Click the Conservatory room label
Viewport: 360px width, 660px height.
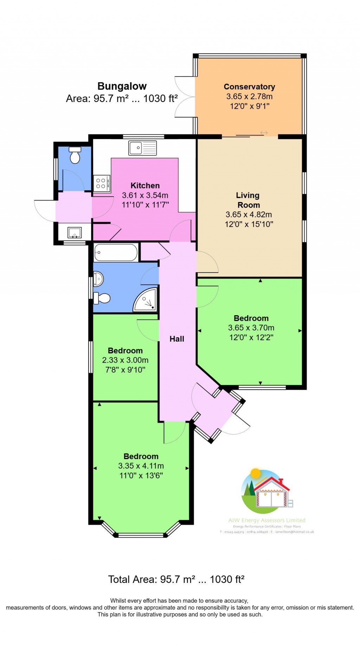(x=249, y=87)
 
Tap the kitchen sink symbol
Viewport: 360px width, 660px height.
(x=142, y=148)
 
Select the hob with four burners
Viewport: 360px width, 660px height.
(x=102, y=183)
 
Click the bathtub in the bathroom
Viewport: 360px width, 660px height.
(x=116, y=253)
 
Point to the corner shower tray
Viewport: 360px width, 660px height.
(x=146, y=300)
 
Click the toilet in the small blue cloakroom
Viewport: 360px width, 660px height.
(x=75, y=155)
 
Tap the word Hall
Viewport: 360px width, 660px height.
(x=176, y=339)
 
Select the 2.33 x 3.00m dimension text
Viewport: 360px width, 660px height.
(x=125, y=360)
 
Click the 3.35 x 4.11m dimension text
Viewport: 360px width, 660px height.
(x=141, y=466)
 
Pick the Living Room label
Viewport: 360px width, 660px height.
(x=248, y=200)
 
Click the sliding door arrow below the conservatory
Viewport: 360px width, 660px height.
(x=264, y=133)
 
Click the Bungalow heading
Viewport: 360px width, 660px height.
(x=122, y=86)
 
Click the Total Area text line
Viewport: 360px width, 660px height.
(x=176, y=579)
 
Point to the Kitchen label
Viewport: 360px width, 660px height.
(x=145, y=185)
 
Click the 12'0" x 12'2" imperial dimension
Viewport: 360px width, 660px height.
(x=251, y=337)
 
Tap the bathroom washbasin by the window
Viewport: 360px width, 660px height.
(x=98, y=279)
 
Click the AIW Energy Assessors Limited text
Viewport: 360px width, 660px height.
(x=266, y=520)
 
